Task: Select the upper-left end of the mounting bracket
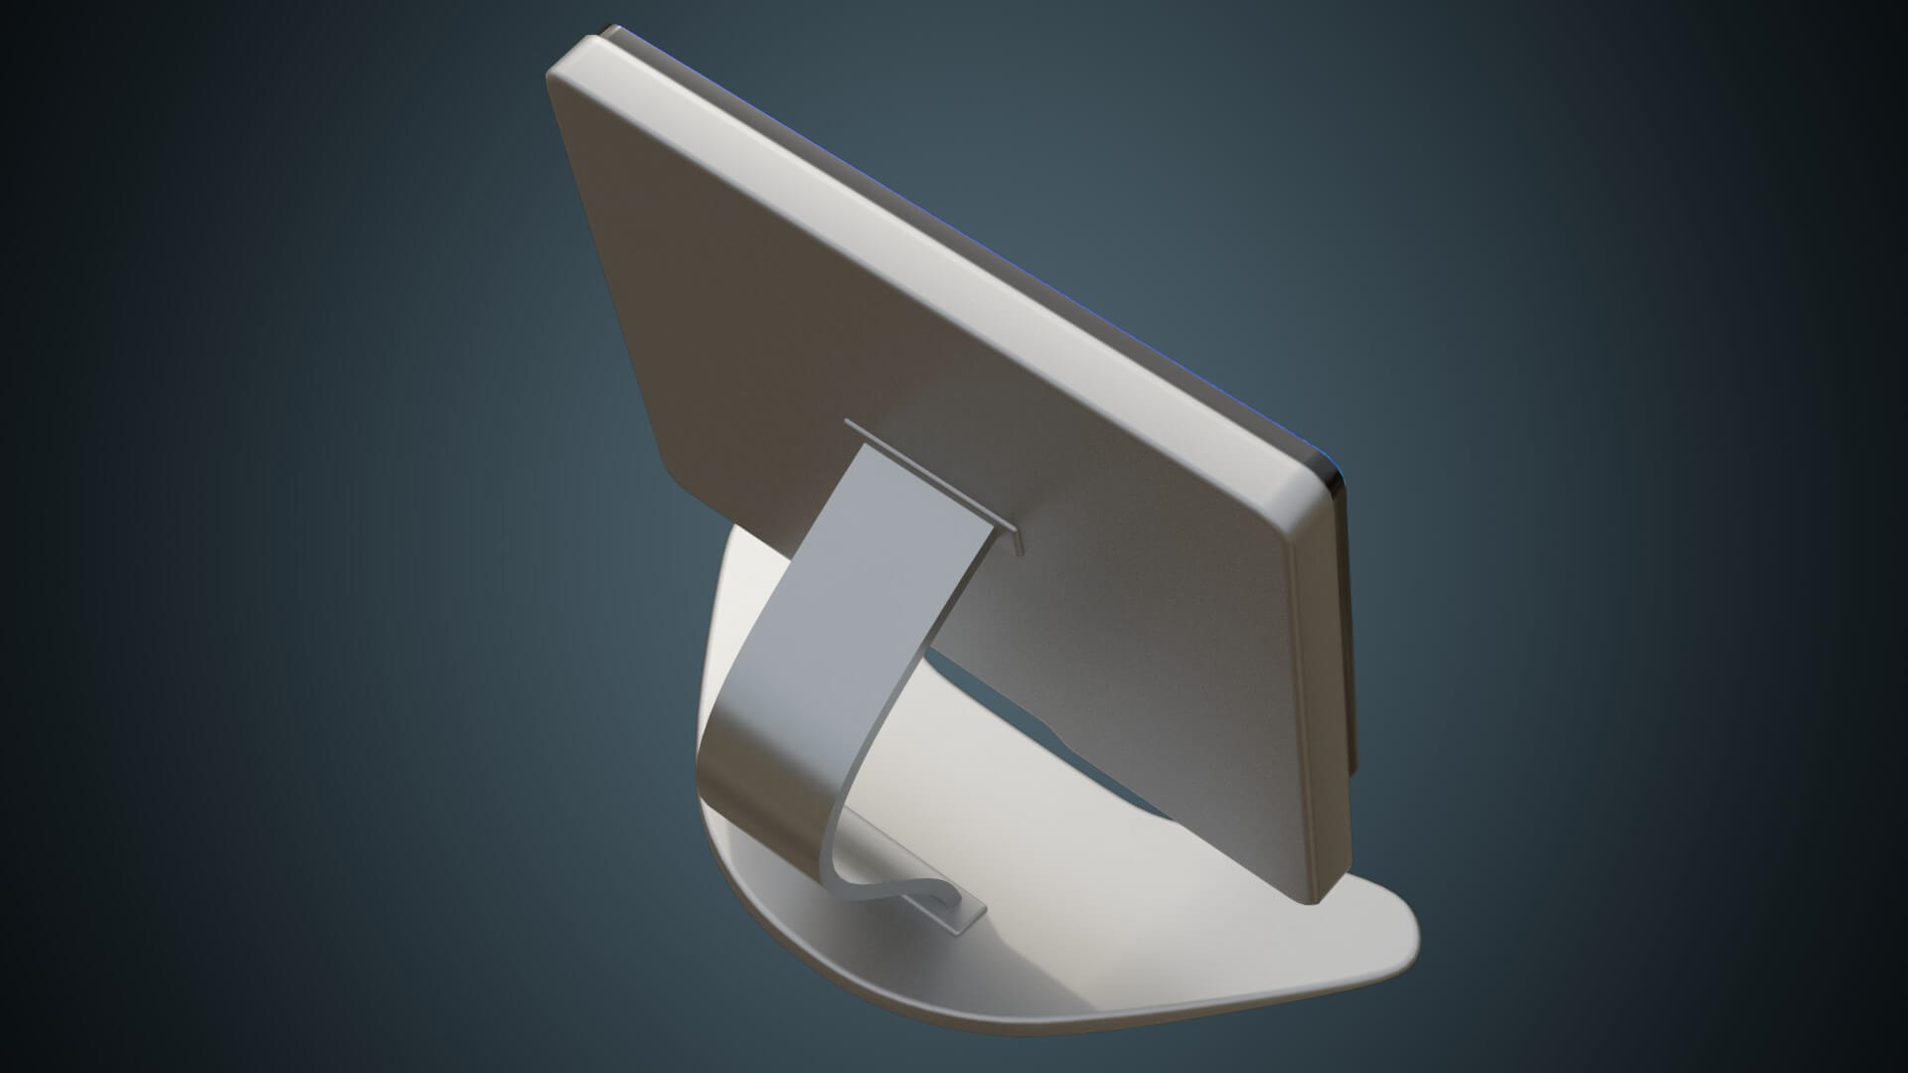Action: tap(851, 426)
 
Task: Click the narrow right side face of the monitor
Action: tap(1322, 695)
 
